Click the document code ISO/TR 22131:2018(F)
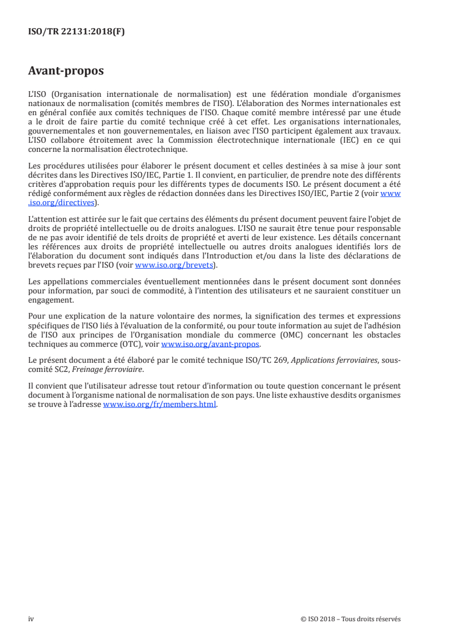(76, 32)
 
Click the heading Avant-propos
(66, 72)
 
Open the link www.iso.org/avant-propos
(211, 344)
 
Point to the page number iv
(31, 619)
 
